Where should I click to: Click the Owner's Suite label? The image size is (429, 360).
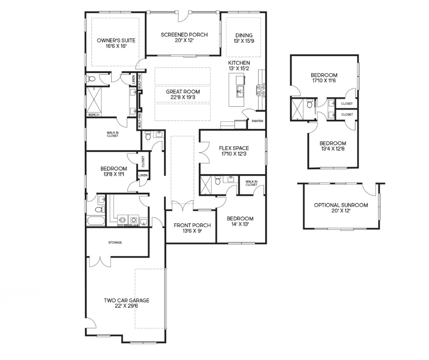coord(116,43)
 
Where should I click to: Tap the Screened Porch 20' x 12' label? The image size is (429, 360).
coord(184,37)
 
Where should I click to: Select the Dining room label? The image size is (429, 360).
coord(244,38)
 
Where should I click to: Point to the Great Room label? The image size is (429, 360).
coord(183,94)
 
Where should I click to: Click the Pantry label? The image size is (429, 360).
coord(257,121)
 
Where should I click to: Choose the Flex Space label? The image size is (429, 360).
coord(234,151)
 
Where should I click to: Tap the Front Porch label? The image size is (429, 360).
coord(192,228)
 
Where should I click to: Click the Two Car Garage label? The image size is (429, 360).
coord(126,303)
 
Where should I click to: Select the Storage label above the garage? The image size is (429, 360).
coord(115,243)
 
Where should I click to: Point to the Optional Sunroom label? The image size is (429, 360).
coord(341,208)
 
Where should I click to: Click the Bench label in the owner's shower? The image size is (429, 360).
coord(94,115)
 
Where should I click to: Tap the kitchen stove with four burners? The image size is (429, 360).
coord(261,90)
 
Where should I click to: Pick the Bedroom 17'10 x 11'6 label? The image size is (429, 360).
coord(324,78)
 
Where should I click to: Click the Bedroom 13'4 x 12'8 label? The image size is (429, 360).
coord(333,146)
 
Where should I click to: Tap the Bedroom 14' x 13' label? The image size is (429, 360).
coord(240,222)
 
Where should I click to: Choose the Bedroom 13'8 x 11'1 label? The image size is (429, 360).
coord(114,171)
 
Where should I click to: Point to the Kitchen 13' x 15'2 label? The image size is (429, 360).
coord(239,66)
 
